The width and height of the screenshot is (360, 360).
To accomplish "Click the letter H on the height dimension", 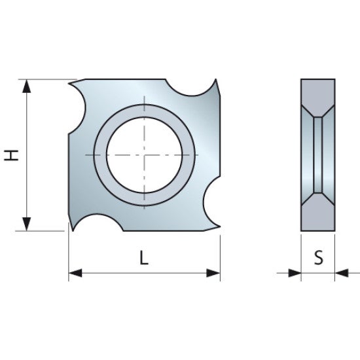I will click(11, 155).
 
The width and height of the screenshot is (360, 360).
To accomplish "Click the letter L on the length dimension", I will click(144, 257).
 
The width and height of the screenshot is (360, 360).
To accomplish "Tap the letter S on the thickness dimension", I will click(318, 257).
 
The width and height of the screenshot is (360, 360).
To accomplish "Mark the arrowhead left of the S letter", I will click(294, 272).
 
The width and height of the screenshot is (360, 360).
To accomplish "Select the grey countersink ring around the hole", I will click(144, 111).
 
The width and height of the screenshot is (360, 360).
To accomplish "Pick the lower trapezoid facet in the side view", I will click(318, 212).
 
